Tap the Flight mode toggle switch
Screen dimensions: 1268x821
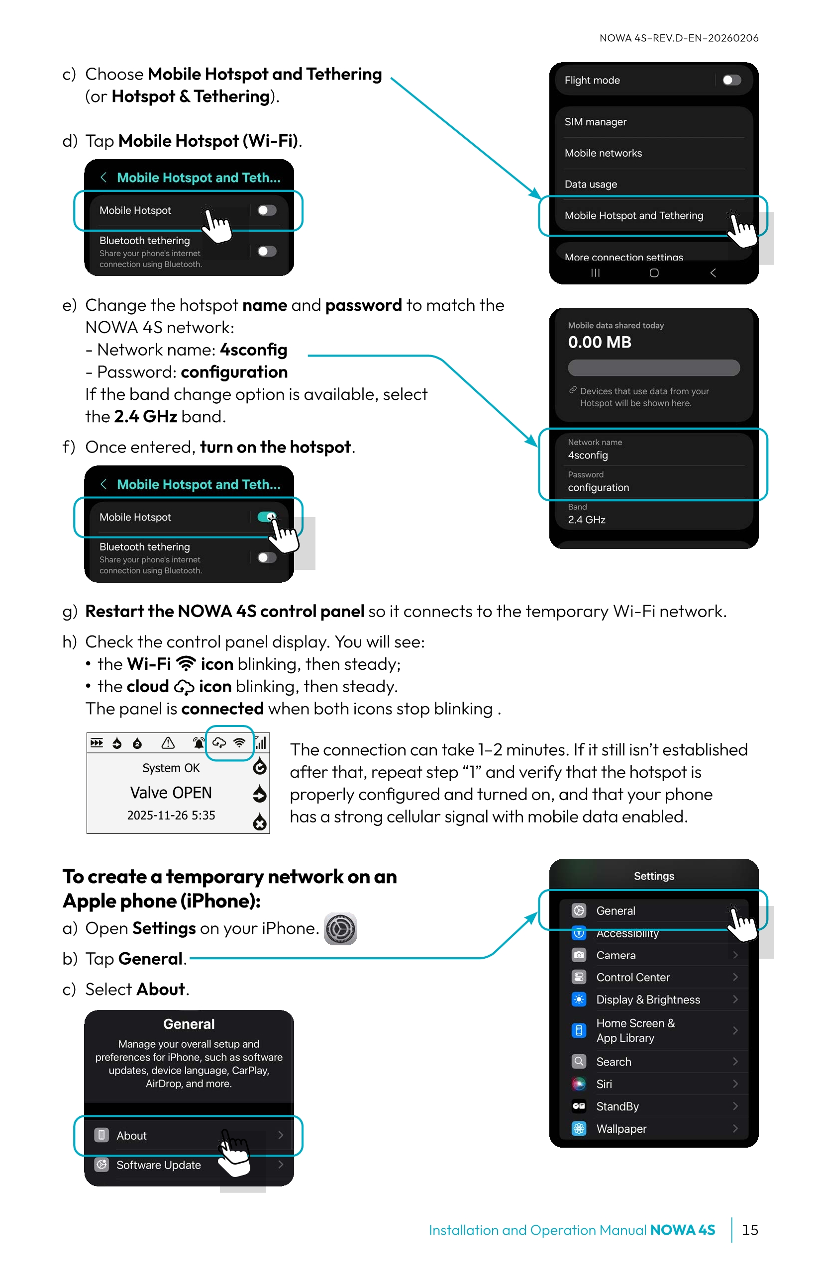coord(731,80)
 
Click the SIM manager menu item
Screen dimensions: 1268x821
coord(596,122)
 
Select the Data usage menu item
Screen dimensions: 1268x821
coord(591,184)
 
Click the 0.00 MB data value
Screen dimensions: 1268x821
coord(599,342)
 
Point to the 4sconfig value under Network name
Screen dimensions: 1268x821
coord(588,455)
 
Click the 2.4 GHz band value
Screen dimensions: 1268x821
coord(587,520)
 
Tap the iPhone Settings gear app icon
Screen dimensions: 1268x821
coord(340,929)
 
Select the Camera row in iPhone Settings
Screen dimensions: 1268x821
coord(616,955)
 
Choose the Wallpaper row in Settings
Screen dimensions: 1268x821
coord(621,1129)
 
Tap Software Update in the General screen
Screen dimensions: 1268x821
coord(158,1165)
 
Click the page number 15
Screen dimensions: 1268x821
coord(749,1230)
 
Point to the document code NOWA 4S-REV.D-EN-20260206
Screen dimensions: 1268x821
coord(679,38)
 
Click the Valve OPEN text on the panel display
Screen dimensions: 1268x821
coord(171,793)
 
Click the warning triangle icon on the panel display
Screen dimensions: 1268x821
coord(168,743)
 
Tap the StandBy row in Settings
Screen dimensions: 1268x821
coord(617,1106)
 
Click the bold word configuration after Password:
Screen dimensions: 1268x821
coord(234,372)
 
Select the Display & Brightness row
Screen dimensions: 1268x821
coord(648,1000)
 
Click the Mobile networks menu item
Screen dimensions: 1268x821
coord(603,154)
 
